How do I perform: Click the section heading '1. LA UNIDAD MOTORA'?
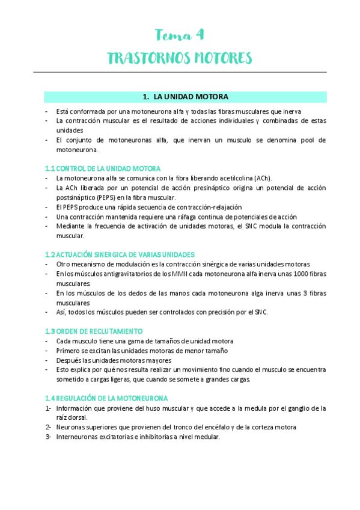click(x=185, y=97)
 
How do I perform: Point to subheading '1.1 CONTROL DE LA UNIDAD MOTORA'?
click(x=103, y=169)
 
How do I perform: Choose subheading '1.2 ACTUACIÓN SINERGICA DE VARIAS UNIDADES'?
click(x=119, y=255)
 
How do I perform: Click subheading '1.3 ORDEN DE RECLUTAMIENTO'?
click(x=94, y=331)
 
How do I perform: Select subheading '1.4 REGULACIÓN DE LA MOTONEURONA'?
click(x=106, y=398)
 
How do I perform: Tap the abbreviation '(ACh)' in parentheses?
click(x=263, y=178)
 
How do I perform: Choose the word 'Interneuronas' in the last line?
click(x=76, y=437)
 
